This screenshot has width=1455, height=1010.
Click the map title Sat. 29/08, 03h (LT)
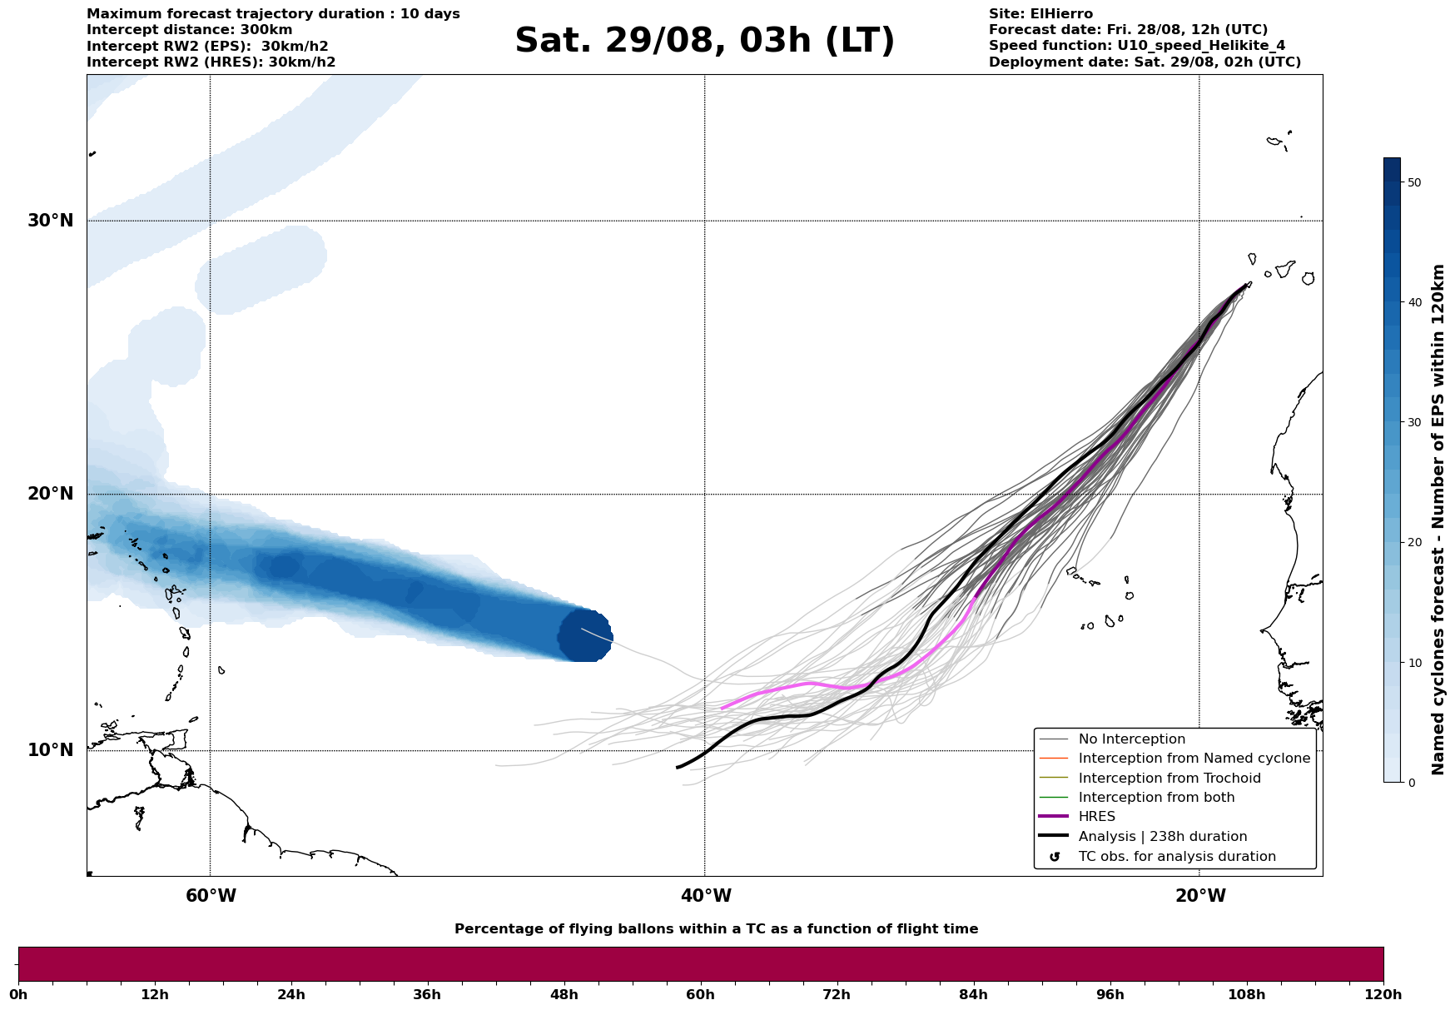click(704, 41)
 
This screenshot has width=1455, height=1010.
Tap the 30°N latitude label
click(51, 221)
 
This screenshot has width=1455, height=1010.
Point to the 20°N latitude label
click(51, 494)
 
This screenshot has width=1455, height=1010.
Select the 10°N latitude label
click(51, 750)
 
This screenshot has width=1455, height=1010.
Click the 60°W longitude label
click(211, 896)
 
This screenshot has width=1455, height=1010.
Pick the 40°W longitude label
click(706, 896)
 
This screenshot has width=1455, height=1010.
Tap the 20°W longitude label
click(1200, 896)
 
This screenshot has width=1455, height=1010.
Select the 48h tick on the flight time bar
click(564, 995)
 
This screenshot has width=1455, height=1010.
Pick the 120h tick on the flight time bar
click(1383, 995)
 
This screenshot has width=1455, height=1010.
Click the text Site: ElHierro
click(1040, 14)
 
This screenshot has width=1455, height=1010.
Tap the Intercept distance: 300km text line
click(190, 30)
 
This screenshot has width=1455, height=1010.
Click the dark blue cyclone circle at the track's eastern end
click(585, 635)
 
